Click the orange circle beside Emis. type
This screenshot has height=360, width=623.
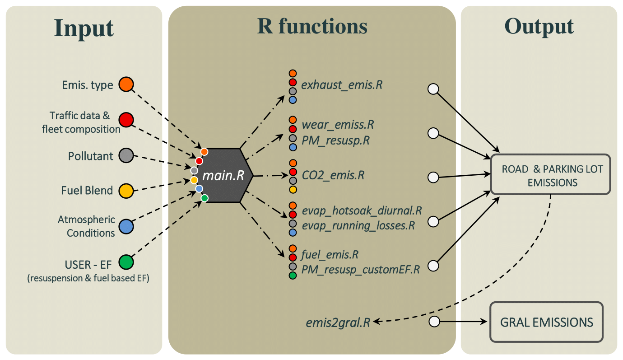coord(126,84)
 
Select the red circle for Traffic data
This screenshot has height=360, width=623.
coord(126,120)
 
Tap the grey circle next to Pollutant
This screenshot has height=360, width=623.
coord(126,156)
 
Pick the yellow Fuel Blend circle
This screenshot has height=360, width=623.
coord(126,190)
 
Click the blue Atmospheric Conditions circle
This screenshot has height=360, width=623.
coord(126,226)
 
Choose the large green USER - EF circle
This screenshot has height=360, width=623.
coord(126,262)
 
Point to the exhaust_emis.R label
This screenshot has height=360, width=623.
coord(342,84)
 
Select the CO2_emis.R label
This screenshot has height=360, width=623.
coord(333,175)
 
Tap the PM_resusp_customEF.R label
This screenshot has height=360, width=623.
coord(360,270)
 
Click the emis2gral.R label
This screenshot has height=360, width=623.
coord(338,322)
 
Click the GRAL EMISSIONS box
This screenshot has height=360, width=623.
coord(546,322)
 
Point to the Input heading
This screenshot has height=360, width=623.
coord(84,28)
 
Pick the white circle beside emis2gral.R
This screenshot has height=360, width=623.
coord(434,322)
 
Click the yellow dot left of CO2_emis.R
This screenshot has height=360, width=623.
coord(293,189)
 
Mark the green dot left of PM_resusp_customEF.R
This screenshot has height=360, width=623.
coord(293,276)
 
